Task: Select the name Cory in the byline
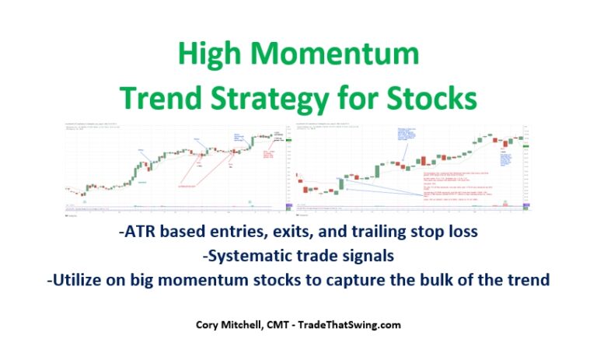pos(209,325)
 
